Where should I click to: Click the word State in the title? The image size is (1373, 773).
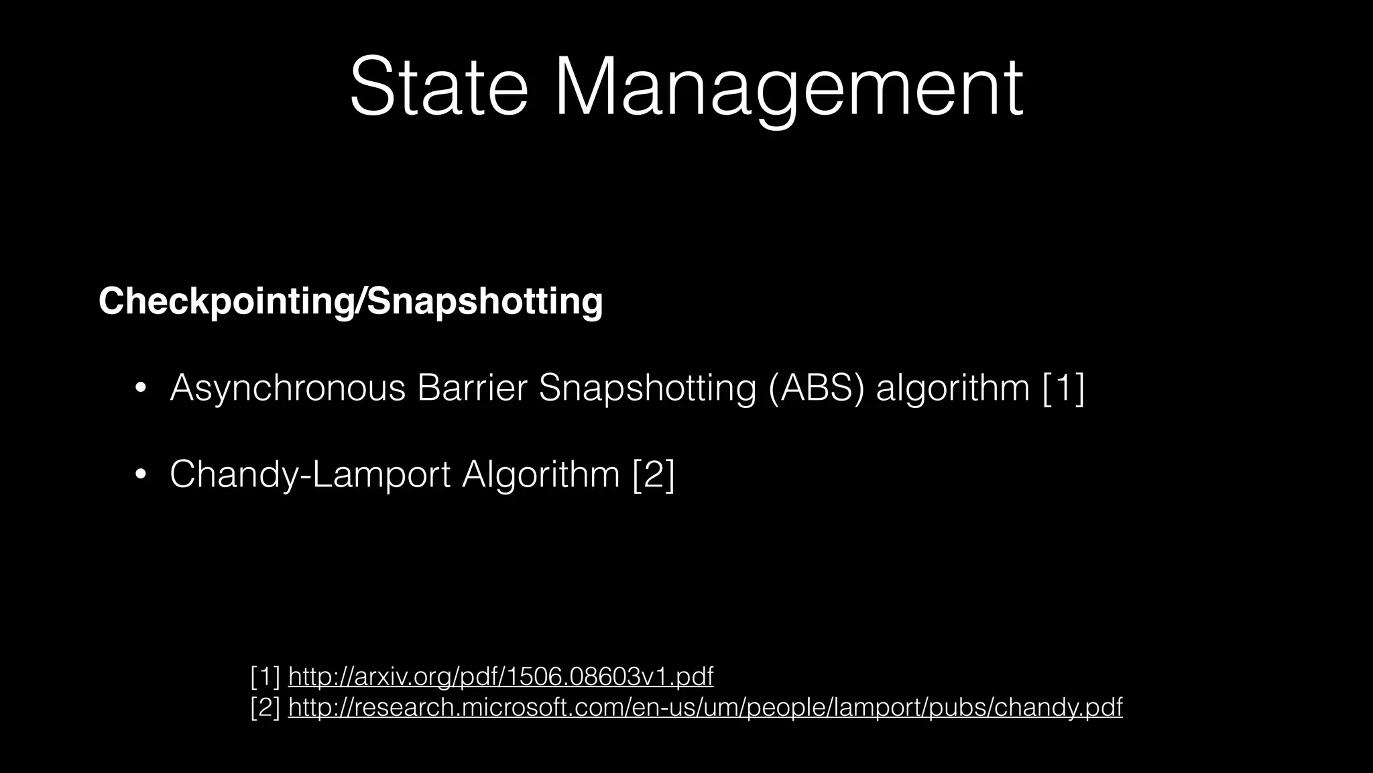click(x=438, y=87)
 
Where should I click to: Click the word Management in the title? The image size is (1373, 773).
click(x=788, y=87)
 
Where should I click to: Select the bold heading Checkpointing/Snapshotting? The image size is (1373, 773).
click(x=351, y=301)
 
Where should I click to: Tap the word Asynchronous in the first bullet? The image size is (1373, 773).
click(x=288, y=388)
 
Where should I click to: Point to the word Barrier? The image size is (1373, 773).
click(x=472, y=388)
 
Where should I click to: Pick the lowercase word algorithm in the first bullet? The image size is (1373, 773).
click(x=953, y=388)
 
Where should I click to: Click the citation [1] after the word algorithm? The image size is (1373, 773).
click(x=1064, y=388)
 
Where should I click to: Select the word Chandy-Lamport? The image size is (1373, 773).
click(x=310, y=474)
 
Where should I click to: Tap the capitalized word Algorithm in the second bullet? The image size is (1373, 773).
click(x=540, y=474)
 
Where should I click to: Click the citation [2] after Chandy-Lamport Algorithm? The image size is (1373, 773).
click(x=654, y=474)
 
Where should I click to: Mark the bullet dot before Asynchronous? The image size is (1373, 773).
click(x=140, y=389)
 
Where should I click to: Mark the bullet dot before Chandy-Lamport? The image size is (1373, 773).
click(x=140, y=475)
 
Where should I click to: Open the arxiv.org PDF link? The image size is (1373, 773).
click(x=500, y=676)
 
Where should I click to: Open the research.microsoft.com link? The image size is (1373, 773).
click(x=705, y=707)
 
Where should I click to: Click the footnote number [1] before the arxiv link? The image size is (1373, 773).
click(x=265, y=676)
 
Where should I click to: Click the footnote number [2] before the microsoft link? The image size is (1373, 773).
click(x=265, y=707)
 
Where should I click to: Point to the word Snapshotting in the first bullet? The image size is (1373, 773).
click(x=648, y=388)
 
